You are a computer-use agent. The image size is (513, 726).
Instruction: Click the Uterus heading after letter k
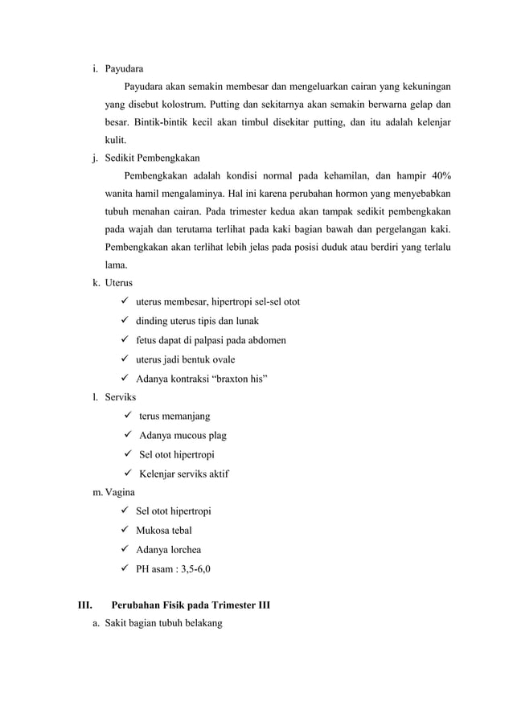120,283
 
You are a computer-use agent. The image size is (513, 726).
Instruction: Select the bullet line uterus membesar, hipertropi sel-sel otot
218,302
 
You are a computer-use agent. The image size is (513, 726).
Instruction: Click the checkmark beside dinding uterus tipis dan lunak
125,321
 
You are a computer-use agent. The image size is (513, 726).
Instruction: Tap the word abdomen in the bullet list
267,340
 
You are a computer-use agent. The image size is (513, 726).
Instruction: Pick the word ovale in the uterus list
219,359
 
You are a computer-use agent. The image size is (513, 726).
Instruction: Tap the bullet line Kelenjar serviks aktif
184,474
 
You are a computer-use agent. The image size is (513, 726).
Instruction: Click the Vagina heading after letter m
121,492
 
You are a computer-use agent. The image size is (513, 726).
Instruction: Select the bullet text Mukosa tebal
164,531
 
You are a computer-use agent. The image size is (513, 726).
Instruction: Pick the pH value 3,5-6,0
195,569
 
